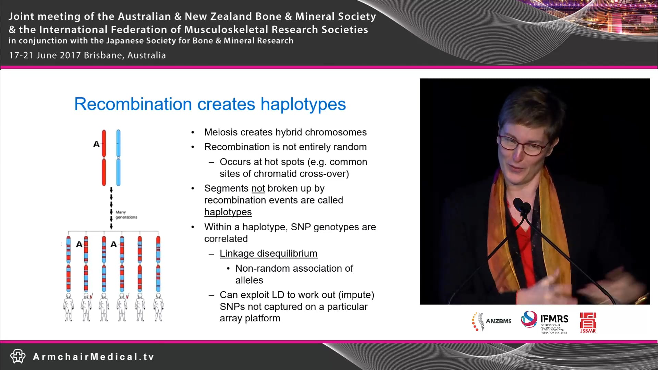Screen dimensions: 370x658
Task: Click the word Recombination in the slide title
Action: click(133, 104)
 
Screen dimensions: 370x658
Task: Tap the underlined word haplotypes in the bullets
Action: click(228, 212)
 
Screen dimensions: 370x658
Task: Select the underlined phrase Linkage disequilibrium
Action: click(268, 254)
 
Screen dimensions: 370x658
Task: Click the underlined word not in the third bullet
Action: click(258, 188)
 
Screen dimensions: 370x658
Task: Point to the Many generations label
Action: click(126, 215)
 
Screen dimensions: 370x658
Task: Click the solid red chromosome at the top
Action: click(104, 158)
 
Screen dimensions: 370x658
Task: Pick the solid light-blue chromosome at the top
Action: click(118, 158)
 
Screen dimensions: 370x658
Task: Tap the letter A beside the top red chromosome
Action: click(96, 144)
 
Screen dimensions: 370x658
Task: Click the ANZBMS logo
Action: click(492, 321)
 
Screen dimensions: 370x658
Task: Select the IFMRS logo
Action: click(545, 321)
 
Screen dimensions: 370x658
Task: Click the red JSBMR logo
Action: click(588, 322)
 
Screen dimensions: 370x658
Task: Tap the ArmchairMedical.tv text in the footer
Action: click(93, 357)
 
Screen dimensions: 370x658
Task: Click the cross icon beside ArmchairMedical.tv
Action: click(18, 356)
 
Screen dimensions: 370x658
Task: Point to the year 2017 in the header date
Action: click(70, 55)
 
